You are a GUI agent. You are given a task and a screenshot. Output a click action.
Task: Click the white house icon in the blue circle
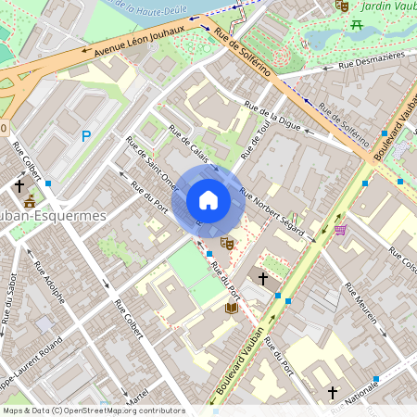(208, 200)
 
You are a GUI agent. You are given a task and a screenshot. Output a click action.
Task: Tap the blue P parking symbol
(86, 136)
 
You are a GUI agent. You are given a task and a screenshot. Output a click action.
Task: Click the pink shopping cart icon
(340, 229)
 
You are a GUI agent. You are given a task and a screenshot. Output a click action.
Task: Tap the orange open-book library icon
(232, 308)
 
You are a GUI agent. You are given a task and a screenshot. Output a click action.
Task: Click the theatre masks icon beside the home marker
(227, 243)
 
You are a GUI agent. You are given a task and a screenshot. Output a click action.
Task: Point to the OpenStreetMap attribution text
(93, 410)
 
